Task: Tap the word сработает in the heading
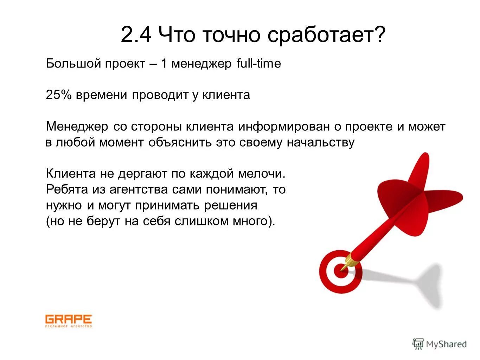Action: pos(326,35)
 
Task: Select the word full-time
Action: pos(259,64)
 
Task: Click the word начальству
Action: pos(321,142)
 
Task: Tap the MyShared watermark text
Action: pos(446,344)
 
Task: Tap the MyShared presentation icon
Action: pos(418,344)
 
